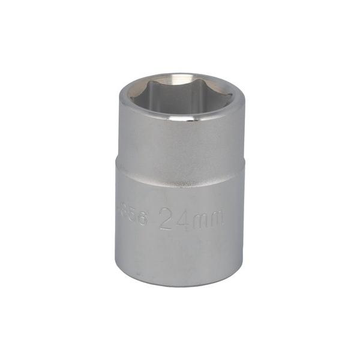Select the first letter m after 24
point(199,221)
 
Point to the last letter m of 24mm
point(214,220)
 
